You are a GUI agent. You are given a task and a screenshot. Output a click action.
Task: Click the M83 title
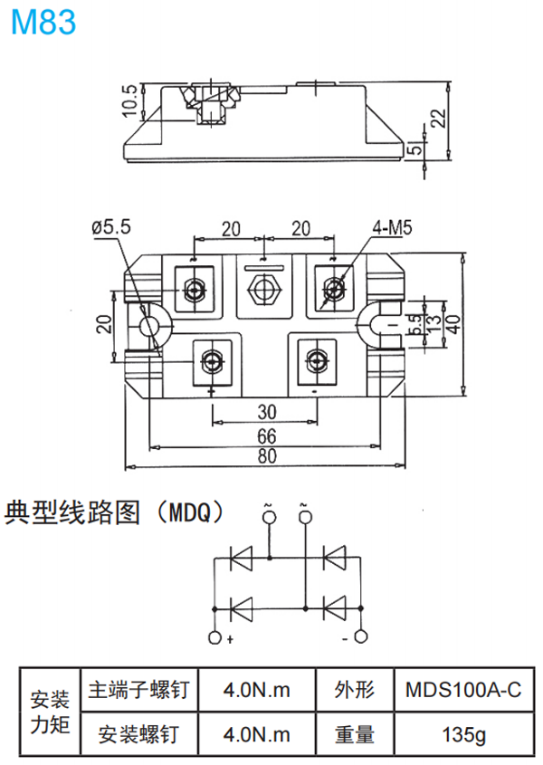pos(43,23)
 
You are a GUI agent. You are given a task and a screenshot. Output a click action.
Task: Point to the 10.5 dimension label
pos(129,100)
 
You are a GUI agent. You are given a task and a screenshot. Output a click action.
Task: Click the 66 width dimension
pos(266,436)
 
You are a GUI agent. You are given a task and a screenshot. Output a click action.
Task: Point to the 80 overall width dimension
pos(266,456)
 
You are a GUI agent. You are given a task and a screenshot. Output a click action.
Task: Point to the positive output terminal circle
pos(214,637)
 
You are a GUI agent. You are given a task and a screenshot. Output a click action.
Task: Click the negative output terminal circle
pos(361,637)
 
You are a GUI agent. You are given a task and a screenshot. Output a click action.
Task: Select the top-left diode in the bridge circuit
pos(242,559)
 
